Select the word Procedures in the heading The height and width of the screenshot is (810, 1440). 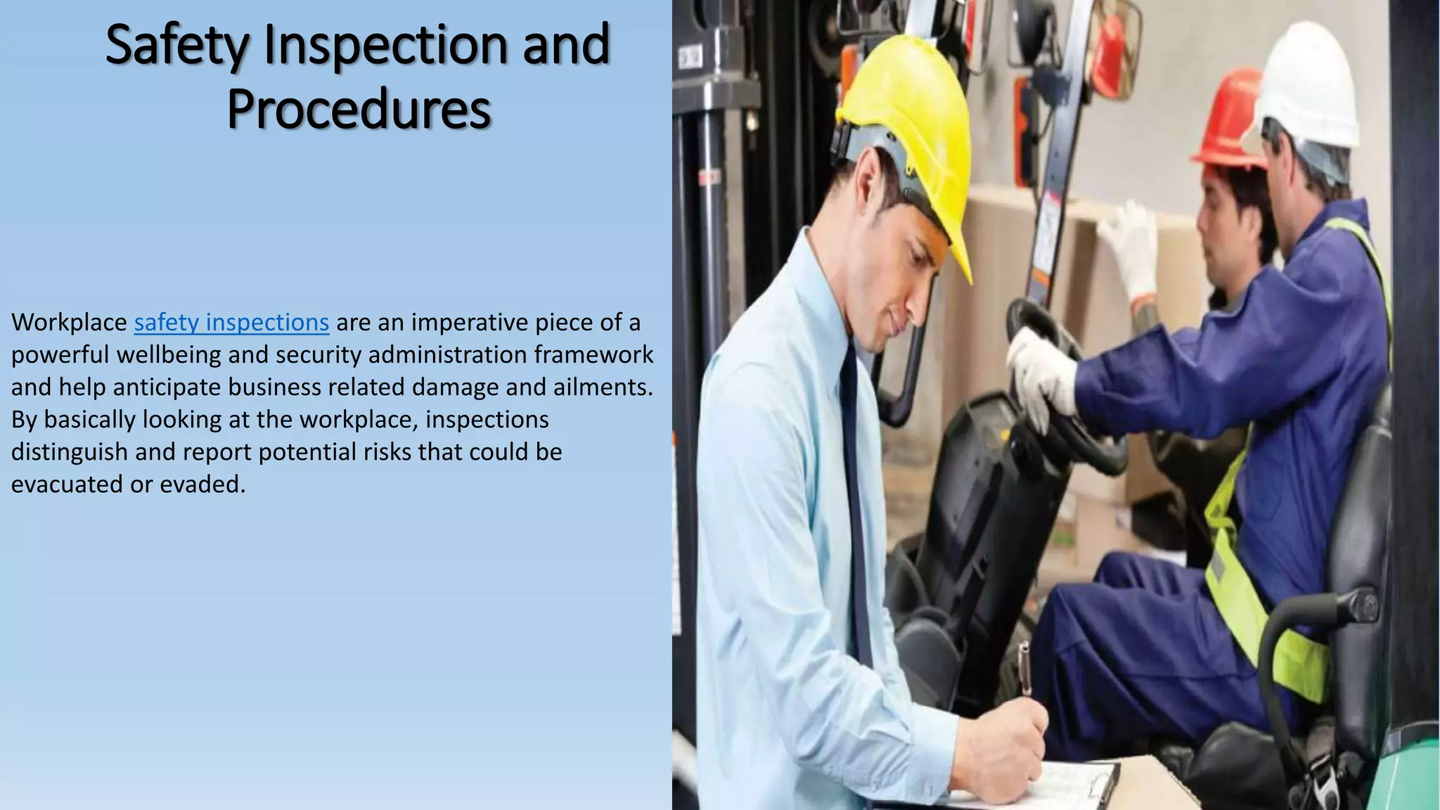[x=359, y=110]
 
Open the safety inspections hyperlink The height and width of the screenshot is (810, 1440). [x=231, y=322]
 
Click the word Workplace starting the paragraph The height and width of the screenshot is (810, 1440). [x=69, y=322]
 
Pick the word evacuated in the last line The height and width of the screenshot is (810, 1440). [x=67, y=484]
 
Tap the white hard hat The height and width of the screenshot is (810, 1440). [x=1308, y=84]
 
